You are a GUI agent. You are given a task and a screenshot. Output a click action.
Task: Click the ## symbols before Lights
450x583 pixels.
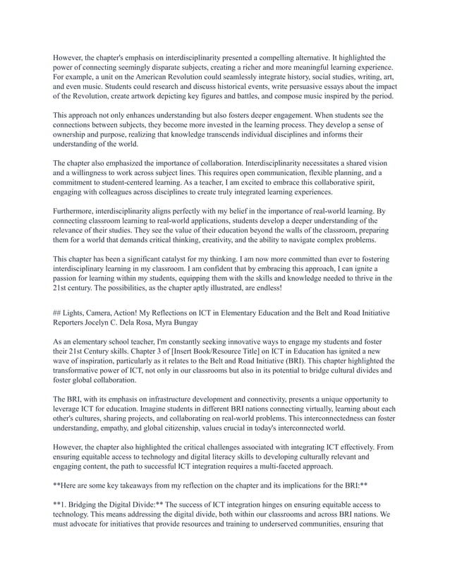tap(58, 311)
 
